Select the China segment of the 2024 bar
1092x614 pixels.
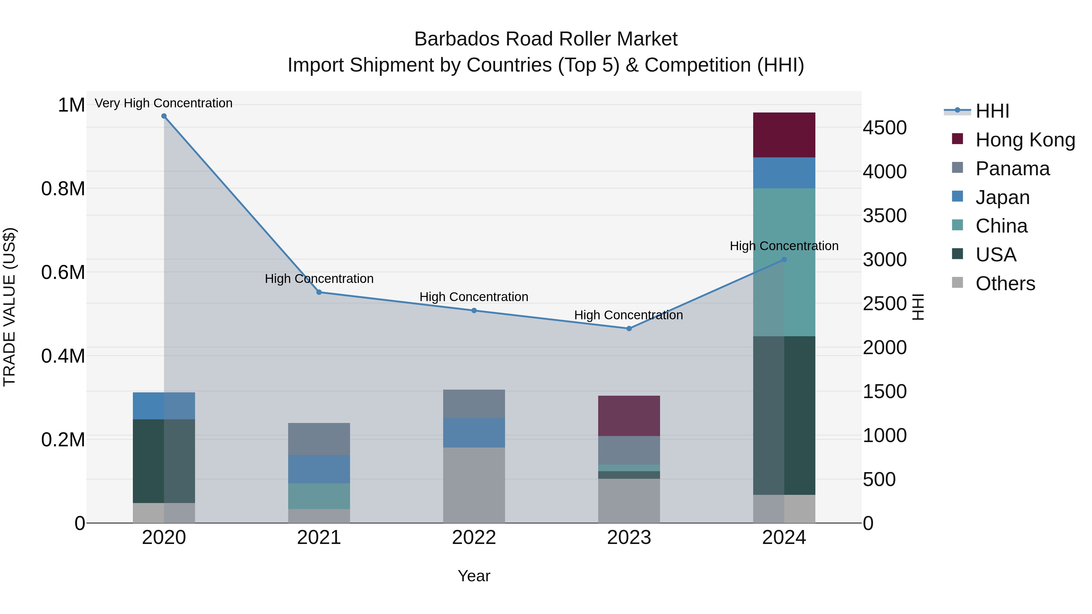pyautogui.click(x=784, y=262)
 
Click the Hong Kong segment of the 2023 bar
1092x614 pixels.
pyautogui.click(x=629, y=416)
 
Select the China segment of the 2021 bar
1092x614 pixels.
pyautogui.click(x=319, y=496)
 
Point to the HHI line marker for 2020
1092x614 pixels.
pyautogui.click(x=164, y=116)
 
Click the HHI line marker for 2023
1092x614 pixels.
pyautogui.click(x=629, y=328)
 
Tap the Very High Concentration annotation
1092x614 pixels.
pyautogui.click(x=163, y=103)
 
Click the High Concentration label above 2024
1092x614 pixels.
pyautogui.click(x=784, y=246)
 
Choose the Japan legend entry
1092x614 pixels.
pyautogui.click(x=1002, y=197)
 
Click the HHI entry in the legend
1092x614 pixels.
pyautogui.click(x=992, y=111)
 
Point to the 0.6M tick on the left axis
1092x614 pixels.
pyautogui.click(x=63, y=272)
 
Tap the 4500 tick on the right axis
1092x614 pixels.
pyautogui.click(x=885, y=128)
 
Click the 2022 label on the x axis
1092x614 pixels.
pyautogui.click(x=474, y=538)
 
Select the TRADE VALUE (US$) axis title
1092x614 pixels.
pyautogui.click(x=9, y=307)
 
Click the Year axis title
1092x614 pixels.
pyautogui.click(x=474, y=576)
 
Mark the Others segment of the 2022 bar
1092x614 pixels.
pyautogui.click(x=474, y=485)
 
